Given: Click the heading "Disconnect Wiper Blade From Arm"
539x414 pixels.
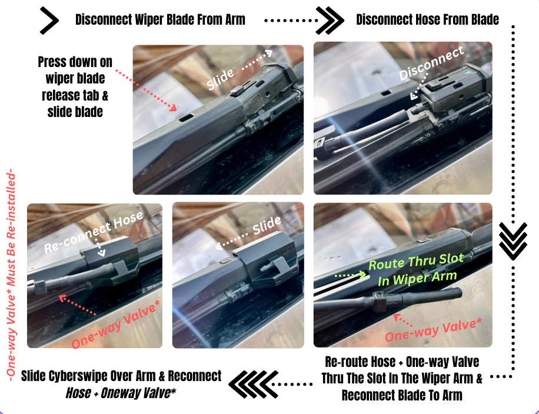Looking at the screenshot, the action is pyautogui.click(x=160, y=20).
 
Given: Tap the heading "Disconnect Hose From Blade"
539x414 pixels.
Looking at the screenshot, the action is pyautogui.click(x=427, y=20).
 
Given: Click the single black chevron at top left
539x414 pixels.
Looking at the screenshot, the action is pyautogui.click(x=49, y=21).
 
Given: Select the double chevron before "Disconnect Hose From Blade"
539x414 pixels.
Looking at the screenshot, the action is pyautogui.click(x=330, y=21).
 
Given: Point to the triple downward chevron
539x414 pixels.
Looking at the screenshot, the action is pyautogui.click(x=513, y=241).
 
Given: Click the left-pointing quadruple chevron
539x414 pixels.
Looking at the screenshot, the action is pyautogui.click(x=254, y=384).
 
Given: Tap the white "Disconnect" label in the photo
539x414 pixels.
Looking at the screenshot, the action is pyautogui.click(x=431, y=63).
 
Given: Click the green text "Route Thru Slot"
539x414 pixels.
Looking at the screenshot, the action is pyautogui.click(x=416, y=262).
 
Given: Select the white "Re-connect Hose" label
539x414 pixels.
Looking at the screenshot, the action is pyautogui.click(x=94, y=232).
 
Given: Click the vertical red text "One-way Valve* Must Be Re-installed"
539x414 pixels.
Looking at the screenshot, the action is pyautogui.click(x=11, y=274).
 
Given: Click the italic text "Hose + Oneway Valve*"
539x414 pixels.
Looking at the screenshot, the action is pyautogui.click(x=121, y=393).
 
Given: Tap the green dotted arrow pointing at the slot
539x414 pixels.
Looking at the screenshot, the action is pyautogui.click(x=350, y=275).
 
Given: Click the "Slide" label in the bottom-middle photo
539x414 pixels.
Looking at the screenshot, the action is pyautogui.click(x=267, y=225).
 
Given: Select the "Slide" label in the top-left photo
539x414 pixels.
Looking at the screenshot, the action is pyautogui.click(x=220, y=79).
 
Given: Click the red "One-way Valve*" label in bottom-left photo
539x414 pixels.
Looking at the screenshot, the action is pyautogui.click(x=115, y=325).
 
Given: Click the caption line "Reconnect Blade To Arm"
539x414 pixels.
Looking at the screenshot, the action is pyautogui.click(x=402, y=395).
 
